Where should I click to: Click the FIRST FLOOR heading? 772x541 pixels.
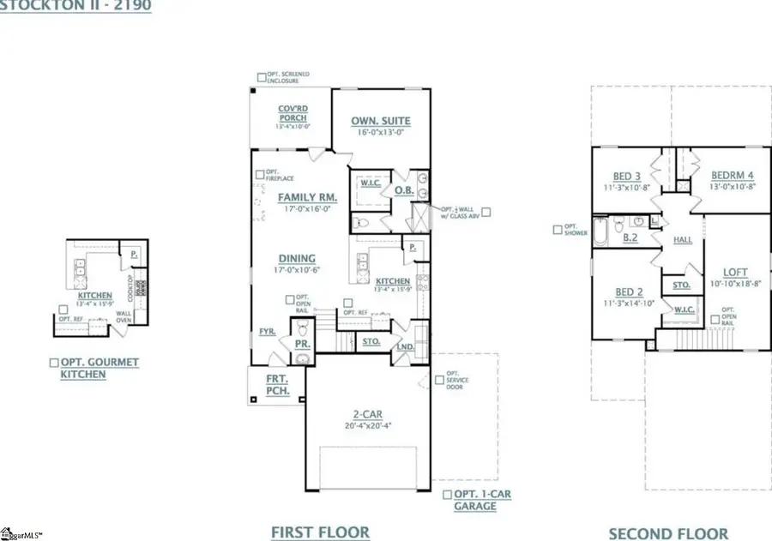pyautogui.click(x=320, y=532)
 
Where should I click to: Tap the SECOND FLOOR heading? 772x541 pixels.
pyautogui.click(x=668, y=533)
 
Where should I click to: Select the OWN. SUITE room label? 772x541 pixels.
pyautogui.click(x=380, y=121)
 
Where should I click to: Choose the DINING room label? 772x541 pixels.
pyautogui.click(x=296, y=258)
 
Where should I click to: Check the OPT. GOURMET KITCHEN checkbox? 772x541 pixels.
pyautogui.click(x=54, y=363)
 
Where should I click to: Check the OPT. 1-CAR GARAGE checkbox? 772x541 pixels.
pyautogui.click(x=447, y=495)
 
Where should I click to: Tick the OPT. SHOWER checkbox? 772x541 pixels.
pyautogui.click(x=558, y=229)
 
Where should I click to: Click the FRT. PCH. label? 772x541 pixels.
pyautogui.click(x=277, y=384)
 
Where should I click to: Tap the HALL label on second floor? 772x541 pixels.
pyautogui.click(x=683, y=240)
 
